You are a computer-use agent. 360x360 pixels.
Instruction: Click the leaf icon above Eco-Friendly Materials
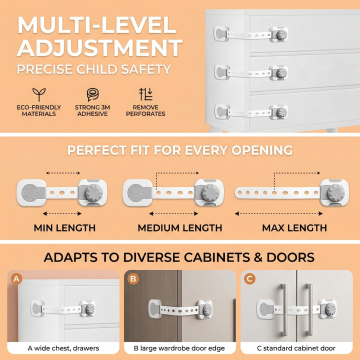(39, 94)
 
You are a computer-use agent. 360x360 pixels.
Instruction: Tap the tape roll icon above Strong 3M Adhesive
(92, 94)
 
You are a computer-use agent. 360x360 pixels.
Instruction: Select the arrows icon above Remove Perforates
(145, 94)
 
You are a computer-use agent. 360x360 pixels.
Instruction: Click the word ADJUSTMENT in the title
(100, 48)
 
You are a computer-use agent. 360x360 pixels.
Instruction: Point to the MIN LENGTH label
(65, 228)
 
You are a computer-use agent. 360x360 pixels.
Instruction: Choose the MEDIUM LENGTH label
(180, 228)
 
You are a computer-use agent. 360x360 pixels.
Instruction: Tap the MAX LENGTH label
(294, 228)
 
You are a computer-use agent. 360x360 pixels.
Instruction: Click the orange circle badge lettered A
(16, 278)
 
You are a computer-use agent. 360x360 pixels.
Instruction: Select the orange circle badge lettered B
(133, 278)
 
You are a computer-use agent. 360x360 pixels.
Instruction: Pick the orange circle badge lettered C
(249, 278)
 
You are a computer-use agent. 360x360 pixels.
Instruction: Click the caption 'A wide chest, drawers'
(63, 348)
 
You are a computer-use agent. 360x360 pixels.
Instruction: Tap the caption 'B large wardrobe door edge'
(179, 348)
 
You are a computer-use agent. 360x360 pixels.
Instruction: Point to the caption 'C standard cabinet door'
(296, 348)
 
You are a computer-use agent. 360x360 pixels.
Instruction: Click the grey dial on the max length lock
(335, 193)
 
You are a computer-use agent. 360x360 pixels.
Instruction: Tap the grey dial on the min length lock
(94, 193)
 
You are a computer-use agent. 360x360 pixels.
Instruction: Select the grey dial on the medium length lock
(210, 193)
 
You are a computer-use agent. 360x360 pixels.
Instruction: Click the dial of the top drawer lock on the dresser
(281, 34)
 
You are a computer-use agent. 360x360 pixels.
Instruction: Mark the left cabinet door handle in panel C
(283, 310)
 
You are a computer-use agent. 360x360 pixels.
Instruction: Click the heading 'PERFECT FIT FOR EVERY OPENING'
(180, 150)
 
